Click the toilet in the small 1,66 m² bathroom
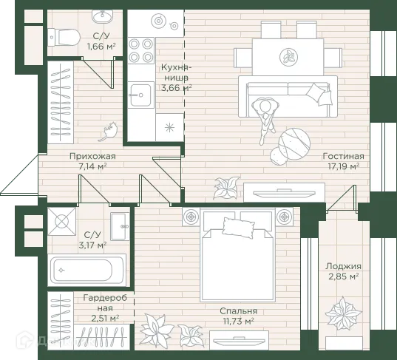(64, 38)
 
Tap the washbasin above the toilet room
(102, 16)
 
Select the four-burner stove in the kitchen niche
(140, 50)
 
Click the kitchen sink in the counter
(140, 95)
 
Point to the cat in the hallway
(108, 131)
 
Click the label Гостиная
(343, 156)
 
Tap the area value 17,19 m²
(343, 166)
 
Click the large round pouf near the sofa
(294, 143)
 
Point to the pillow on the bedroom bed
(238, 228)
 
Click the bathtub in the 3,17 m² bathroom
(86, 270)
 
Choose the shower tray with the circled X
(62, 222)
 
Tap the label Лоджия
(343, 266)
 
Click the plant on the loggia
(343, 314)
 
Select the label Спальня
(239, 311)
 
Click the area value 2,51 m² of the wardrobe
(105, 318)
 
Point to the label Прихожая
(92, 156)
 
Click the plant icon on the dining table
(288, 56)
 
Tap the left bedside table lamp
(191, 217)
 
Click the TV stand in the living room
(284, 192)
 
